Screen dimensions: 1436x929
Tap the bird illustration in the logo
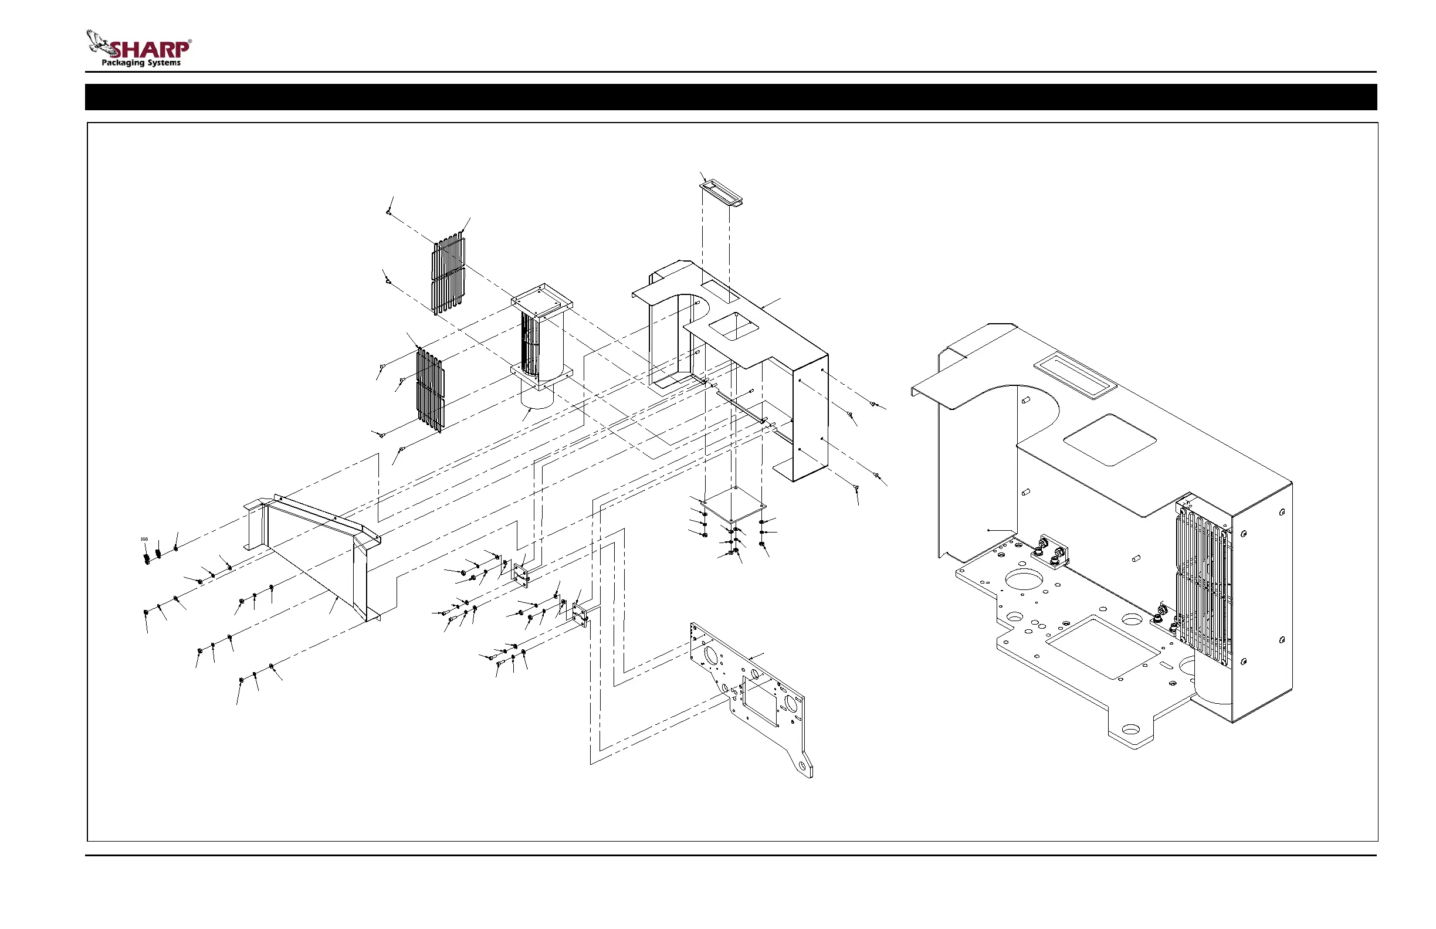(x=99, y=43)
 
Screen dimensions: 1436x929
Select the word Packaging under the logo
(x=123, y=63)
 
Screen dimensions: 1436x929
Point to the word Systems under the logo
(x=164, y=63)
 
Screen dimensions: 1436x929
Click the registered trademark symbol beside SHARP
(x=190, y=42)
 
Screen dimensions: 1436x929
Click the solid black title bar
(x=731, y=97)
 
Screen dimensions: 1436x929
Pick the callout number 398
(x=144, y=540)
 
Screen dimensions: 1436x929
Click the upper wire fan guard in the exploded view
(x=449, y=274)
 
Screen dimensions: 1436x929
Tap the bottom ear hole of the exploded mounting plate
(x=802, y=765)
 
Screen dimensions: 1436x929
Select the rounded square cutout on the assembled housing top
(x=1109, y=439)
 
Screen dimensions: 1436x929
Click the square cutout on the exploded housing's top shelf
(x=733, y=326)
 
